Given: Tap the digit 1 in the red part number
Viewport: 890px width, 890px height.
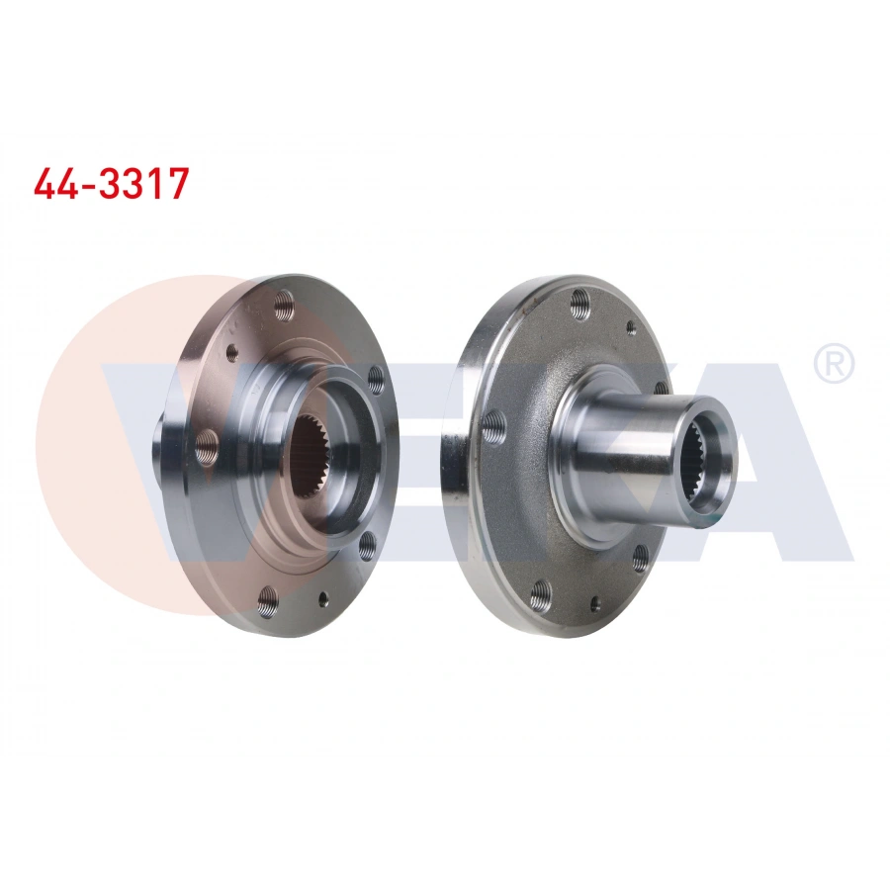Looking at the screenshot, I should (x=154, y=184).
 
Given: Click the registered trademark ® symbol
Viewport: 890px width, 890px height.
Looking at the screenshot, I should (x=833, y=365).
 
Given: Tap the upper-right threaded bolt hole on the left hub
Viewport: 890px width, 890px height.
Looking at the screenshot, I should (x=375, y=377).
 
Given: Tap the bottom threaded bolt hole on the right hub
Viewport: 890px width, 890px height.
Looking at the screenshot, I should (x=539, y=592).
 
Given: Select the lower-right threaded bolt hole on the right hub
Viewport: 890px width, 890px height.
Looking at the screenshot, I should (x=640, y=555).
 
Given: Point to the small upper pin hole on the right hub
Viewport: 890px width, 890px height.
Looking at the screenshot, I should (x=631, y=328).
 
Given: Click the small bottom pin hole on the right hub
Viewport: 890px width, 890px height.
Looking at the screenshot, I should (x=594, y=604).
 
